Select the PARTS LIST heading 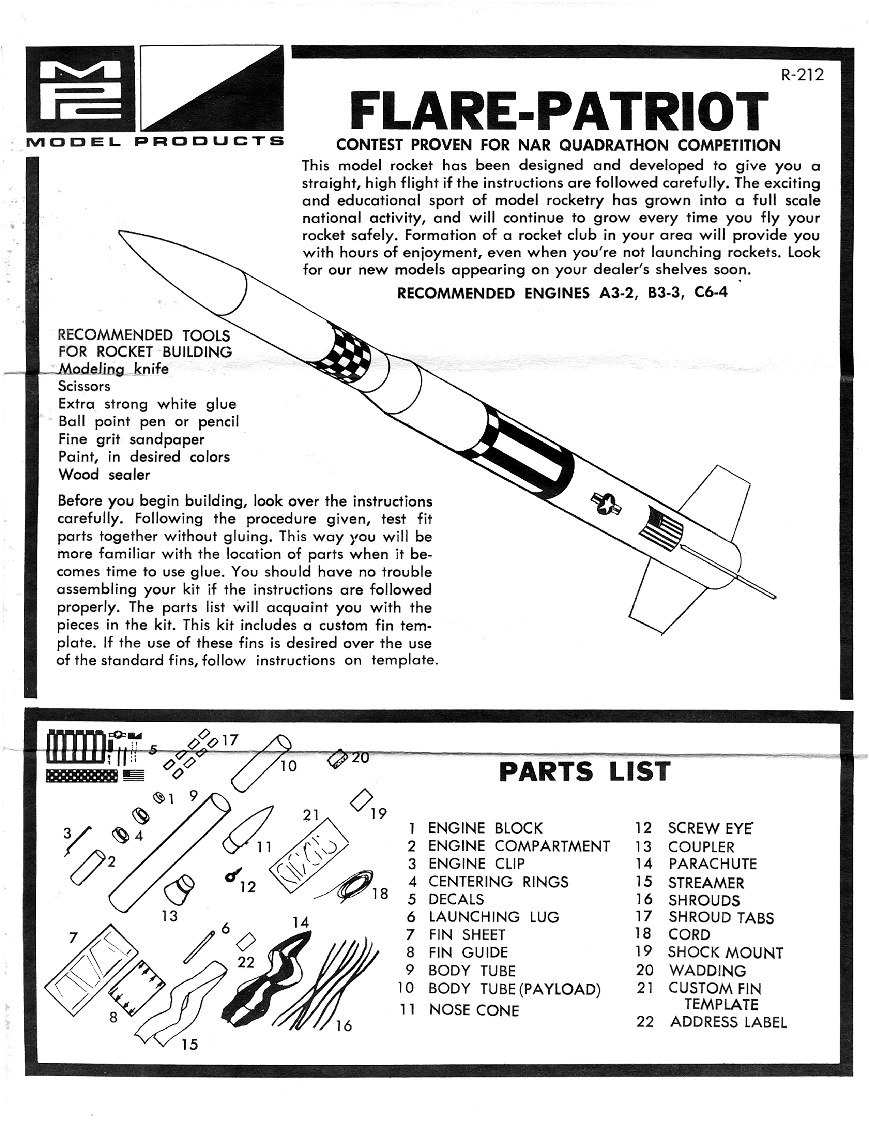(584, 771)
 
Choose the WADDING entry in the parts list (707, 971)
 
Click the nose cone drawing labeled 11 (248, 829)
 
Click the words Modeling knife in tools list (113, 369)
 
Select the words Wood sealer (104, 475)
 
